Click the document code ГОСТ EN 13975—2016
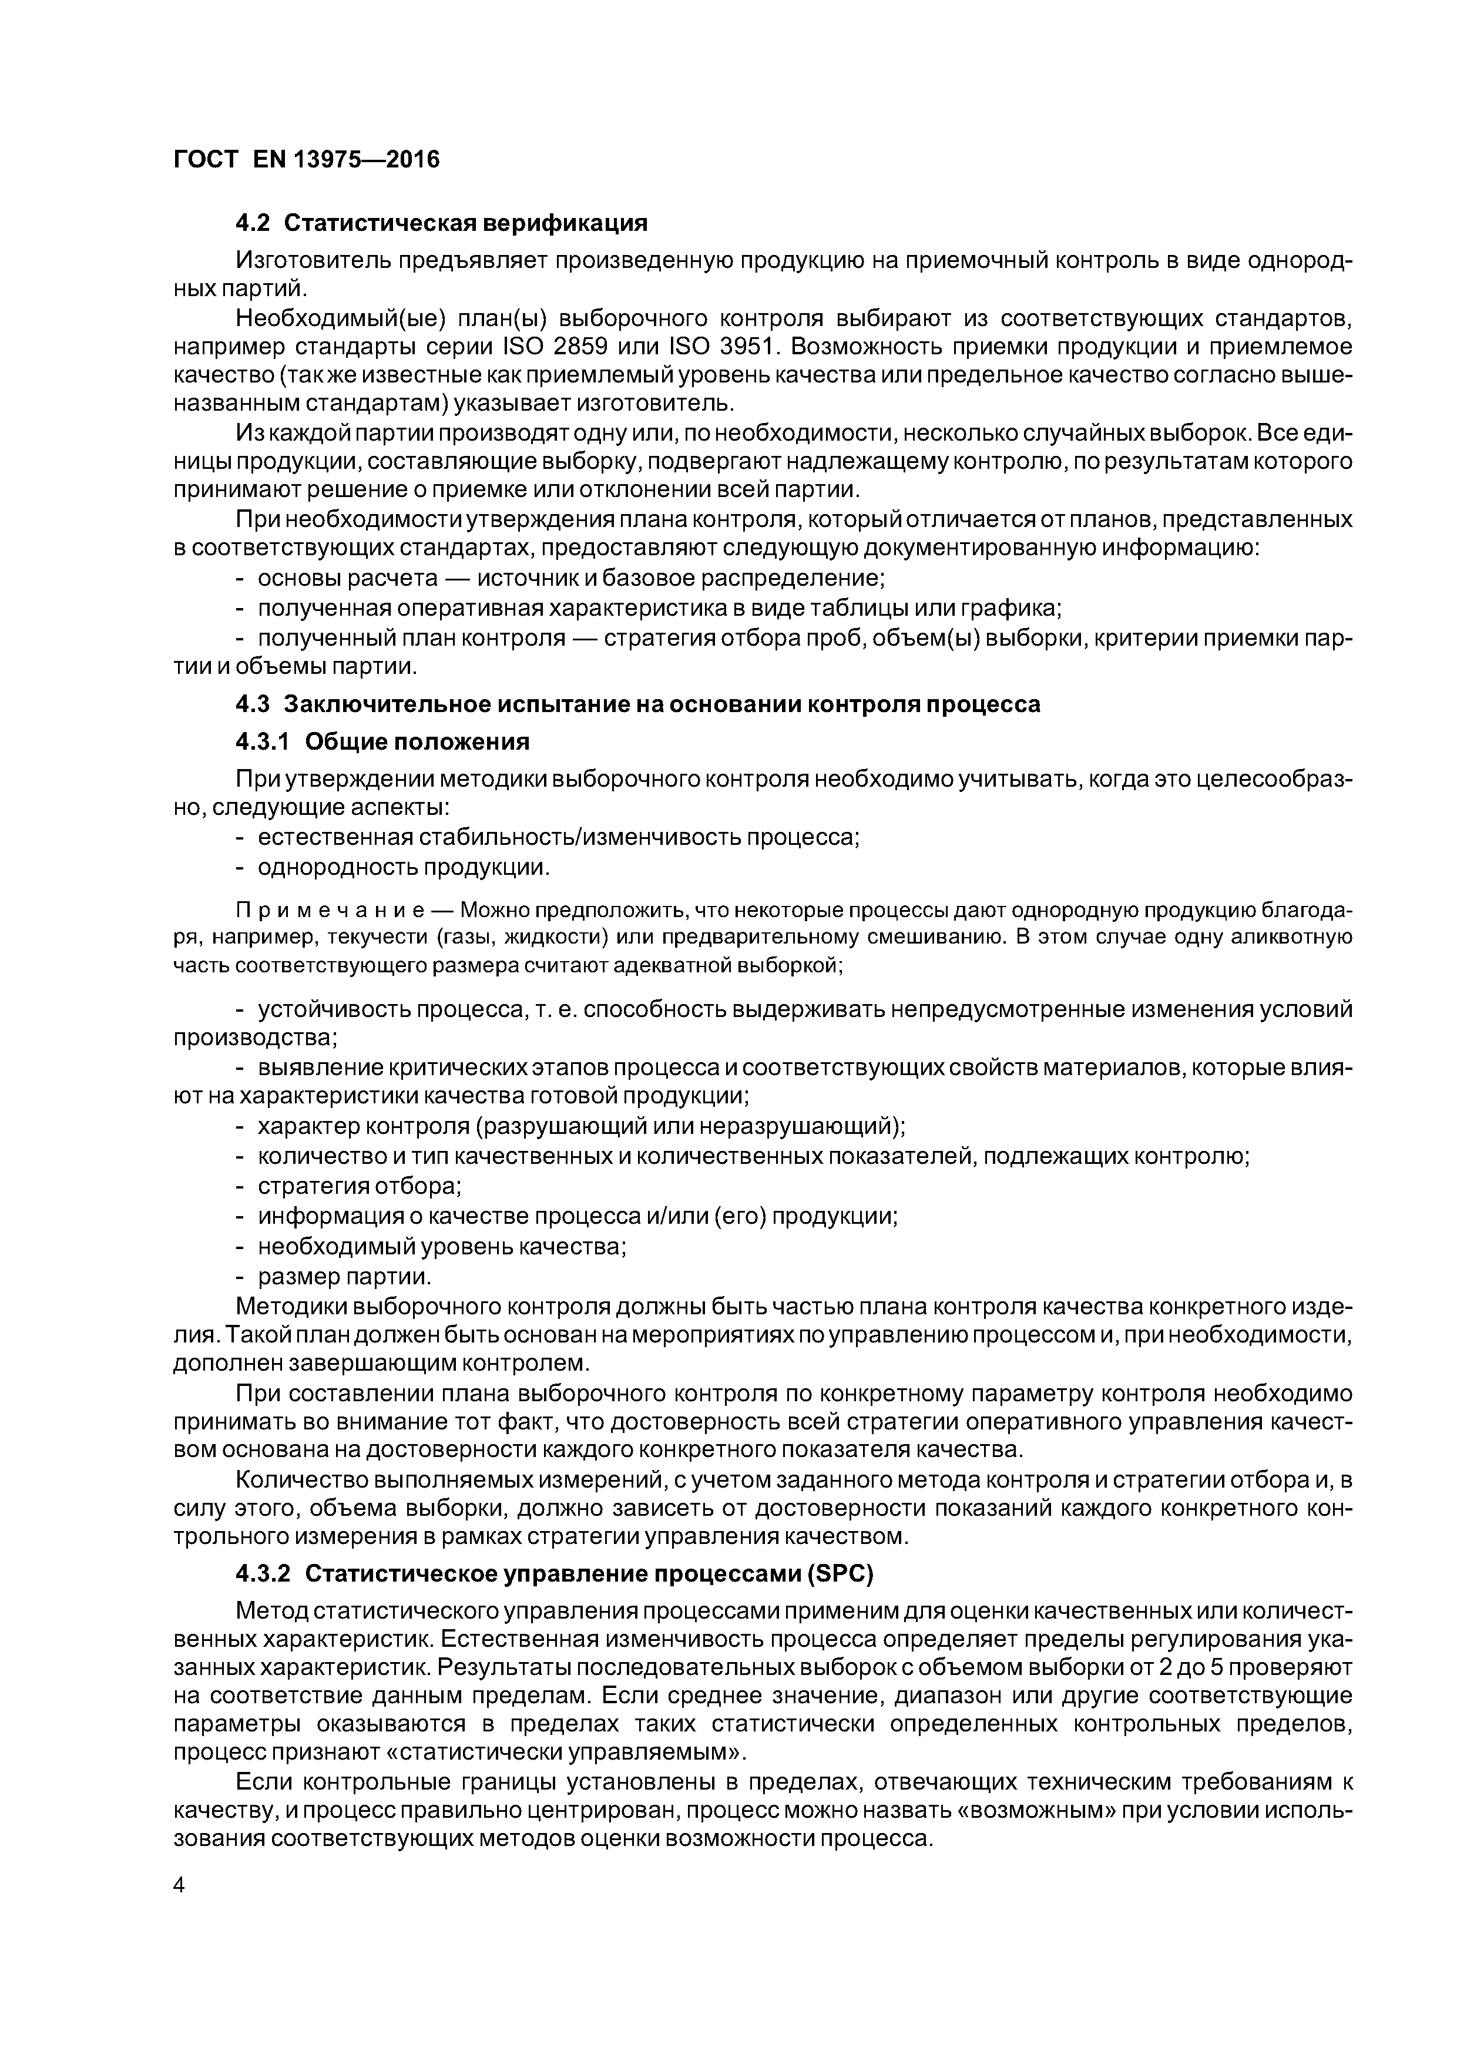(x=306, y=160)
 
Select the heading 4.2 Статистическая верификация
(x=441, y=221)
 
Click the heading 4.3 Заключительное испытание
(x=637, y=704)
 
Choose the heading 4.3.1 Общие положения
(x=382, y=741)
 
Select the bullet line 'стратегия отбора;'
(x=359, y=1186)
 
